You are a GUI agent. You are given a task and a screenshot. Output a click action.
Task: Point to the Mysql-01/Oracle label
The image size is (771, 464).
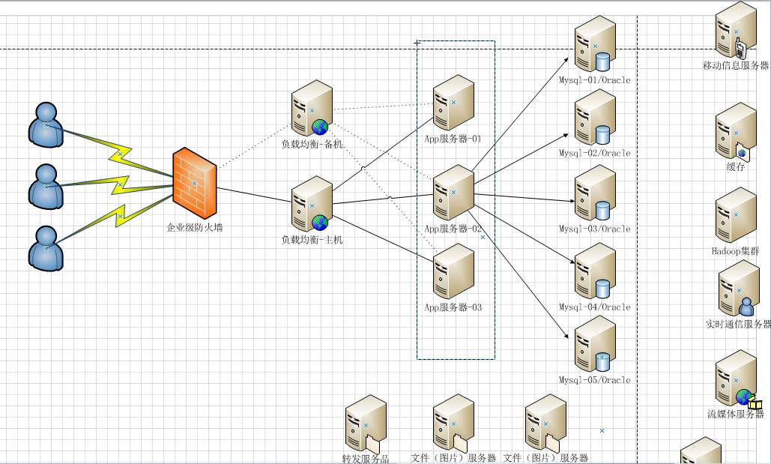[x=595, y=80]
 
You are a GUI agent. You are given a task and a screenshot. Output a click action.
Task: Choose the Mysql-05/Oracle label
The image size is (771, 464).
[x=595, y=380]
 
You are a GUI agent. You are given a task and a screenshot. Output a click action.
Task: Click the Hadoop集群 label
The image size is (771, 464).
[x=736, y=252]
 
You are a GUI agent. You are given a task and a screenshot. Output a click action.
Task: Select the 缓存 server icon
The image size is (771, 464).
[x=735, y=132]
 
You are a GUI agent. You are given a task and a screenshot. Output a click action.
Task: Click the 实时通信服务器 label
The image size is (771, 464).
[x=738, y=324]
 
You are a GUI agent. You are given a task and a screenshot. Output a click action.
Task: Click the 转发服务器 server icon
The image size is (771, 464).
[x=366, y=428]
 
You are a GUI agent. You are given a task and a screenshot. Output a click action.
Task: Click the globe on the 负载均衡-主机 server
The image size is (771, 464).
[x=320, y=223]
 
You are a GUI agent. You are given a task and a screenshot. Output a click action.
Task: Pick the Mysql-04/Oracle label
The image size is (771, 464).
[x=595, y=307]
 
